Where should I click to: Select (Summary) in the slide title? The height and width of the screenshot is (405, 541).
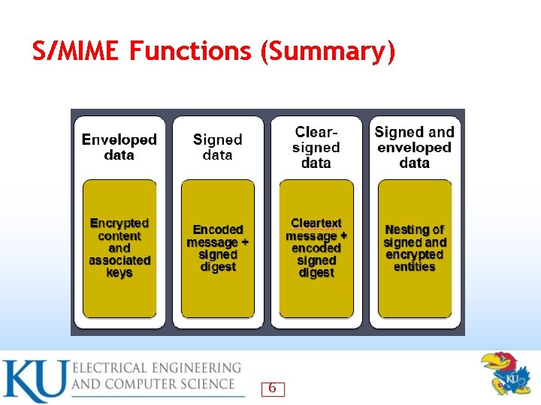point(328,52)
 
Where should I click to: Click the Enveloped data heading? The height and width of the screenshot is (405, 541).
point(119,147)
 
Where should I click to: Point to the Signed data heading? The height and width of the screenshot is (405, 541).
point(218,147)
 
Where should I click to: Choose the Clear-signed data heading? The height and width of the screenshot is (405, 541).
point(316,147)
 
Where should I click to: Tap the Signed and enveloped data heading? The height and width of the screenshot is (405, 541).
point(415,147)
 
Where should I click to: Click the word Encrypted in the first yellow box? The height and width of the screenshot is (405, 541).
point(119,223)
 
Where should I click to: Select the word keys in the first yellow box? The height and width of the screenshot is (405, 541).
point(119,273)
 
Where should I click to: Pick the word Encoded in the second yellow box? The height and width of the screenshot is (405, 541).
point(218,229)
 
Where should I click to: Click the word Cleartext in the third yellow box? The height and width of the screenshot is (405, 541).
point(316,223)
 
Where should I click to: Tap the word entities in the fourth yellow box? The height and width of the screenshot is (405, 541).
point(415,267)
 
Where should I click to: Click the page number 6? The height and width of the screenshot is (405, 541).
point(272,388)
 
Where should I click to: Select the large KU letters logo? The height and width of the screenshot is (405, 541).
point(34,381)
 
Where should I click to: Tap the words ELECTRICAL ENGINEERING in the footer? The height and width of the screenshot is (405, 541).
point(156,368)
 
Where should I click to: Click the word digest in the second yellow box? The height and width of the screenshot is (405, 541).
point(218,267)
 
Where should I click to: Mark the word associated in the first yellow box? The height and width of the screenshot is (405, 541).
point(119,260)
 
